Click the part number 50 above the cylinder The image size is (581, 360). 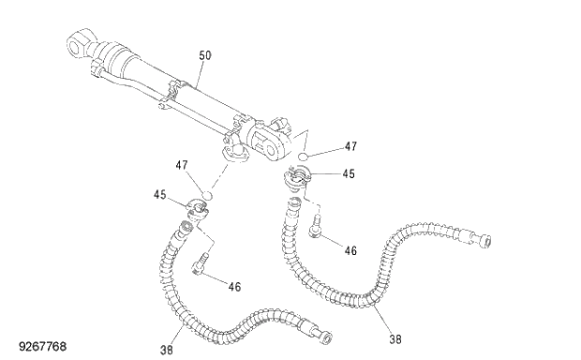point(205,56)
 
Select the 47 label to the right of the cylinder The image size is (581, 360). point(350,146)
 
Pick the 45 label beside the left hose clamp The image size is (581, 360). point(160,195)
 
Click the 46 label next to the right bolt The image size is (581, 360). point(351,250)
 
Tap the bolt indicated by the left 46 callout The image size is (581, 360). point(201,268)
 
